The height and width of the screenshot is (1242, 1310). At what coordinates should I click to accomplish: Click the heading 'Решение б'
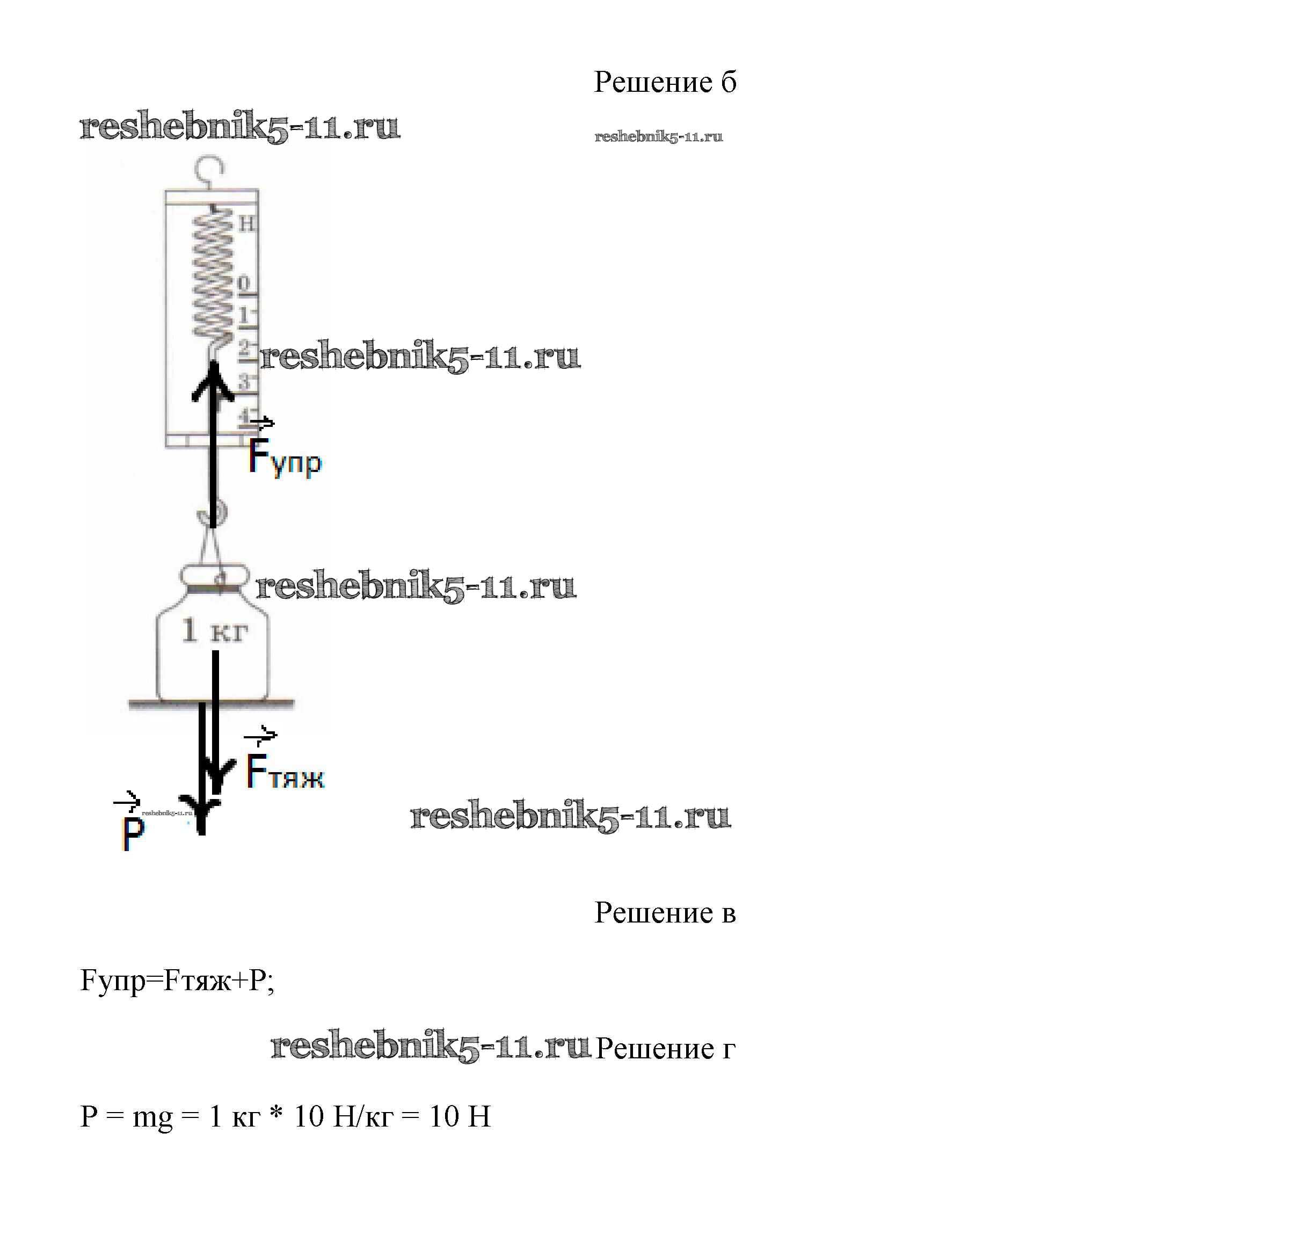pyautogui.click(x=664, y=82)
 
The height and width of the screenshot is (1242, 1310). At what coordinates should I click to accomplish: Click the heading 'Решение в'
pyautogui.click(x=664, y=912)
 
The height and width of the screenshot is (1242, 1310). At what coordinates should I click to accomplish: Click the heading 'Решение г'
pyautogui.click(x=665, y=1048)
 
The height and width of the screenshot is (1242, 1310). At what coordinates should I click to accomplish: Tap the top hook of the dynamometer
pyautogui.click(x=210, y=168)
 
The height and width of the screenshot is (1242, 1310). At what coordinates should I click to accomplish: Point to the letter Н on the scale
pyautogui.click(x=246, y=224)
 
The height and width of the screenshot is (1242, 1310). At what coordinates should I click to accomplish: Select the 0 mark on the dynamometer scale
pyautogui.click(x=244, y=284)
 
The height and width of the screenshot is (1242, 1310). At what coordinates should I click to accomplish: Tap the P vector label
pyautogui.click(x=133, y=832)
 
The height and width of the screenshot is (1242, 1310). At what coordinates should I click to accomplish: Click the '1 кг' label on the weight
pyautogui.click(x=214, y=630)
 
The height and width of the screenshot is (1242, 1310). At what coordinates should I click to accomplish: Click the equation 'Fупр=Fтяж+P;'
pyautogui.click(x=177, y=980)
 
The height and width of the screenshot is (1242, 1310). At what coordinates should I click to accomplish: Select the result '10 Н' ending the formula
pyautogui.click(x=460, y=1116)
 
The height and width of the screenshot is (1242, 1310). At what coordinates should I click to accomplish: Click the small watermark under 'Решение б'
pyautogui.click(x=658, y=136)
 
